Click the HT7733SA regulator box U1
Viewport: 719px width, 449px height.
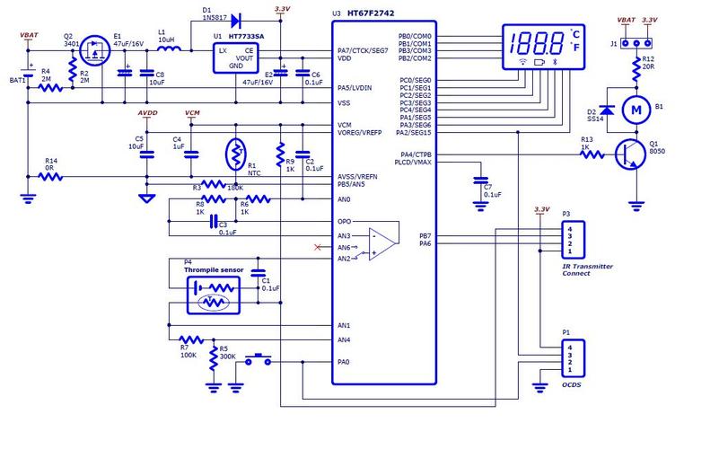pos(236,57)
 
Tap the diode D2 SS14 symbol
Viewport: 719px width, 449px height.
pos(606,109)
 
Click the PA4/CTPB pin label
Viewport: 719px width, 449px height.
pos(412,155)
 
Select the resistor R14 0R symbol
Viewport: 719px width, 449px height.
pos(54,177)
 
